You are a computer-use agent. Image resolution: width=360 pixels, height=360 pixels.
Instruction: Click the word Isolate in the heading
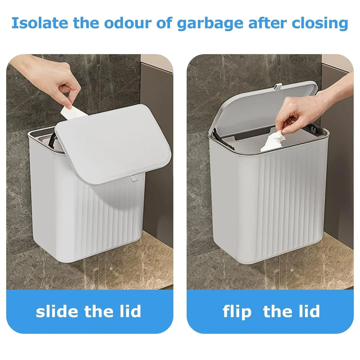click(40, 23)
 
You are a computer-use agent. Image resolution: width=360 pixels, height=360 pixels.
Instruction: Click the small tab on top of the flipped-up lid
click(278, 86)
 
